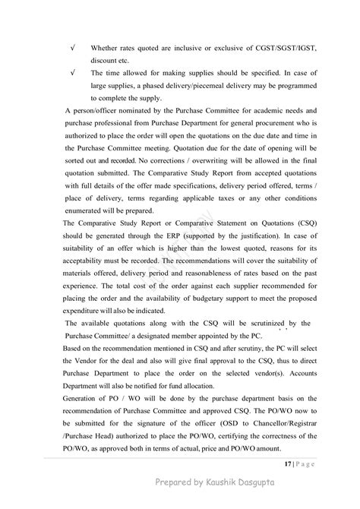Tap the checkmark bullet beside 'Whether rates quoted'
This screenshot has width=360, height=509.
[x=71, y=48]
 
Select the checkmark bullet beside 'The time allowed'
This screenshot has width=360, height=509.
[x=71, y=73]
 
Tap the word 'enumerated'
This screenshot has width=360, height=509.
[x=87, y=210]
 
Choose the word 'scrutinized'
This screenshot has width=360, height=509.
[x=246, y=323]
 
